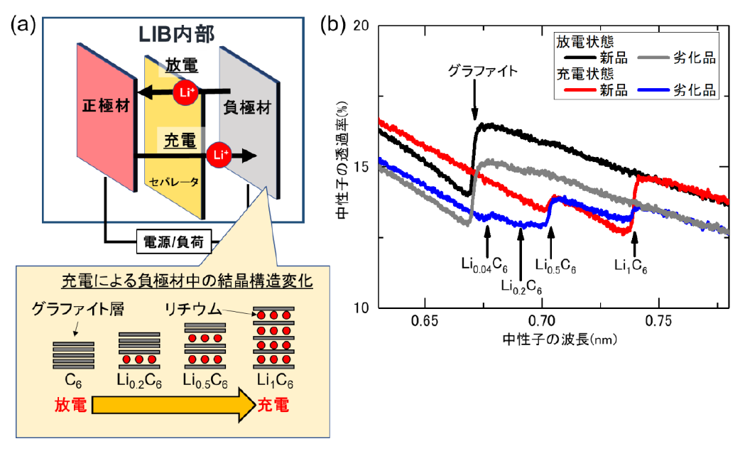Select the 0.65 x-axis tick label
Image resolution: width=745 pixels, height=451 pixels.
tap(424, 321)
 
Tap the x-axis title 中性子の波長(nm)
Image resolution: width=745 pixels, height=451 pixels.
tap(560, 339)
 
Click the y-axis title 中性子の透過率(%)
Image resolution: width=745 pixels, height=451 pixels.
tap(342, 160)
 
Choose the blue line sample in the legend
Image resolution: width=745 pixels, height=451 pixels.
tap(653, 89)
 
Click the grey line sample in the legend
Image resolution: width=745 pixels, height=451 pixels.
tap(653, 58)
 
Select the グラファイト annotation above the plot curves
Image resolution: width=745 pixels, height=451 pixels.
tap(483, 71)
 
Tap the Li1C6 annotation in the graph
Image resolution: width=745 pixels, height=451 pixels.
tap(631, 266)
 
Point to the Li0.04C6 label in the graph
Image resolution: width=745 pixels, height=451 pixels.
tap(484, 265)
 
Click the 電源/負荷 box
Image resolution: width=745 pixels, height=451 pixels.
tap(173, 242)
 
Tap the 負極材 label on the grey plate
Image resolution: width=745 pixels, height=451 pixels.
tap(246, 108)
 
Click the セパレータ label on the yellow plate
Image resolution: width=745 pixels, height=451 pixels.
tap(173, 182)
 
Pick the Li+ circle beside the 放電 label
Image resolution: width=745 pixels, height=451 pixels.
tap(186, 92)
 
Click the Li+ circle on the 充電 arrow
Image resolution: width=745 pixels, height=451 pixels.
tap(219, 155)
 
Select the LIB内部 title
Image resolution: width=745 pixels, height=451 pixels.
tap(176, 34)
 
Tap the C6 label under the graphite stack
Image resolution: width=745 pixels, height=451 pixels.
tap(73, 380)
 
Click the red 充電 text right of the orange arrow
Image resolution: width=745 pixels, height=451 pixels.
tap(273, 405)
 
